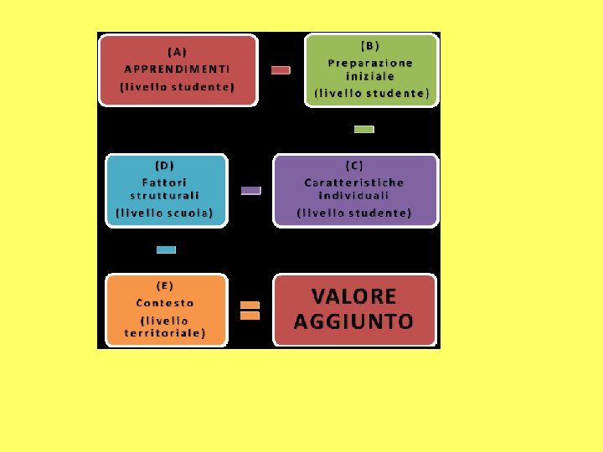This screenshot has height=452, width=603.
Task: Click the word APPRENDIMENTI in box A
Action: coord(177,69)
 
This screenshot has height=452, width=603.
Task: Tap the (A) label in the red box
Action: coord(177,51)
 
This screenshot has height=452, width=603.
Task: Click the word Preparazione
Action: coord(370,63)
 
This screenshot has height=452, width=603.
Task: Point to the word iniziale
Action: coord(370,76)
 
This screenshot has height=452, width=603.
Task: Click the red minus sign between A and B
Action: coord(281,70)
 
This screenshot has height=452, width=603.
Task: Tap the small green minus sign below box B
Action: coord(363,129)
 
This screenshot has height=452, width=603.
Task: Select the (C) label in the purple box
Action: coord(354,166)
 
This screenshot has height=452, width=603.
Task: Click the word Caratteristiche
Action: coord(354,182)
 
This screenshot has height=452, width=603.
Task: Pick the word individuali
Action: coord(354,196)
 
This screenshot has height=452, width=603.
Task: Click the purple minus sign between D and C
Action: coord(250,191)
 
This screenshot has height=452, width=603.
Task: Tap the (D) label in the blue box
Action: coord(165,166)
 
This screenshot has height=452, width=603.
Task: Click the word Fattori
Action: coord(165,182)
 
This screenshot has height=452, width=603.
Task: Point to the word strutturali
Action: coord(165,196)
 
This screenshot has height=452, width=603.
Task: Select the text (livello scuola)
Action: coord(165,213)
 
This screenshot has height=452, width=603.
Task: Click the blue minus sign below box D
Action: coord(166,249)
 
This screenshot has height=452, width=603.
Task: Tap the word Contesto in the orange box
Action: coord(165,303)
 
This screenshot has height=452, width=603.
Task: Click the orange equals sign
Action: coord(250,311)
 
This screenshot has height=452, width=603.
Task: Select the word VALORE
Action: coord(354,296)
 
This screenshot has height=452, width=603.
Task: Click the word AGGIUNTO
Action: coord(354,321)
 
